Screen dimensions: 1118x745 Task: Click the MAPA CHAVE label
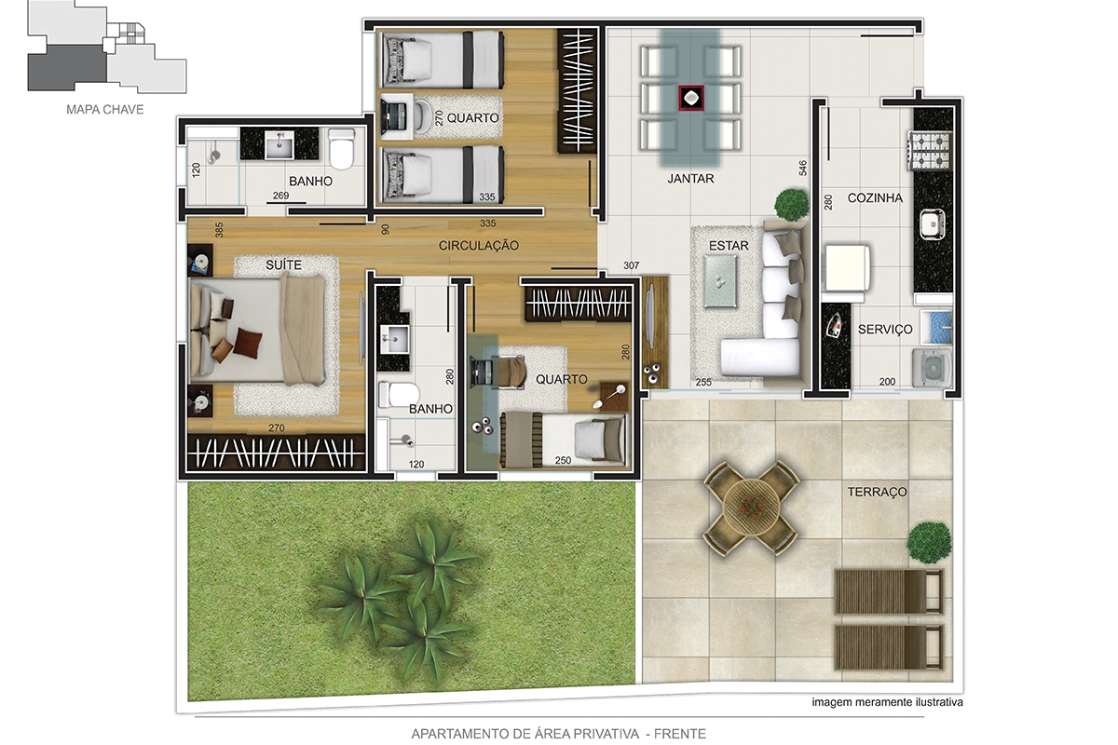(104, 109)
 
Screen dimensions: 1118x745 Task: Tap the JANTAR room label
(690, 178)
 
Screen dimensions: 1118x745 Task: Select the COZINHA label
(875, 198)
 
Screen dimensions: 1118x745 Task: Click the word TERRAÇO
(877, 492)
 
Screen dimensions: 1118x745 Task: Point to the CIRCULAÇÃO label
(479, 245)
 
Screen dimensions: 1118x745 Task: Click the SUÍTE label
(283, 264)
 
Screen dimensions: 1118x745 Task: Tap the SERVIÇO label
(885, 330)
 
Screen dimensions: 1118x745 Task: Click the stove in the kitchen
(931, 150)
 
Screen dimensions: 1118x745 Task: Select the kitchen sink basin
(932, 224)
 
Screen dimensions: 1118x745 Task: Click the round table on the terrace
(751, 508)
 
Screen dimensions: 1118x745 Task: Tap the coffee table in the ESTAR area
(720, 281)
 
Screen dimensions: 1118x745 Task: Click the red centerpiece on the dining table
(690, 98)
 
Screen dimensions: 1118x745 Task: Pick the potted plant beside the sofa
(792, 204)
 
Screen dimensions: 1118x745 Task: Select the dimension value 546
(802, 168)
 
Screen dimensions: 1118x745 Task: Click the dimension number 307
(632, 265)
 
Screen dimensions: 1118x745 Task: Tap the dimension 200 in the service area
(887, 382)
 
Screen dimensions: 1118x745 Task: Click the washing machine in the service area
(932, 368)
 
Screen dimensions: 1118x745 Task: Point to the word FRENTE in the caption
(680, 734)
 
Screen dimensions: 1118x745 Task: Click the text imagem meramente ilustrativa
(887, 702)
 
